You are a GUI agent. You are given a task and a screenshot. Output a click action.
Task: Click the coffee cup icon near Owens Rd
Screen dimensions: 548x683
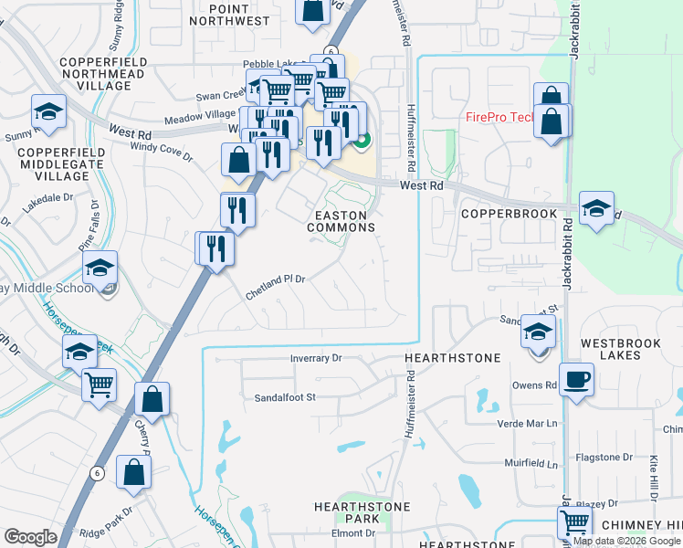click(576, 378)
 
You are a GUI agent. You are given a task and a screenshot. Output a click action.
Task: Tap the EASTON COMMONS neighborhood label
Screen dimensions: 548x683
click(341, 221)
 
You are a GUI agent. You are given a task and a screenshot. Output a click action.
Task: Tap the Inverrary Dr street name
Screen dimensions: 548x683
click(315, 359)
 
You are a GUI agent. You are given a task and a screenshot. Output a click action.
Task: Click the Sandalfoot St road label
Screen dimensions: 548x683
click(284, 397)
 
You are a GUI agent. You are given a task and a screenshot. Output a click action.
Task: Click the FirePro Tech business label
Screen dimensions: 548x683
click(499, 117)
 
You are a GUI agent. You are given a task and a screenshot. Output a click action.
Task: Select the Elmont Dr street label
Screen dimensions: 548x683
click(347, 533)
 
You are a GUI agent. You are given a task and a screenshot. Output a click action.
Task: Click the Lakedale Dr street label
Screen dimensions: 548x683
click(47, 197)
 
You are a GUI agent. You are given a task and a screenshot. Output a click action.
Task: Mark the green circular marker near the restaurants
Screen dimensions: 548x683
click(363, 141)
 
